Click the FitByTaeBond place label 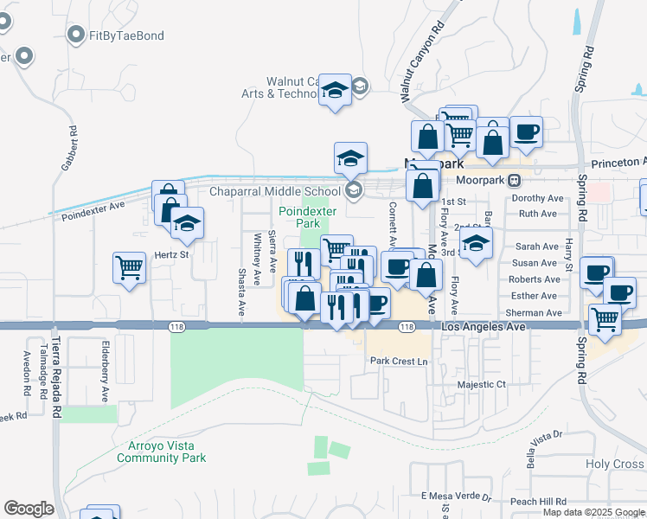[x=126, y=35]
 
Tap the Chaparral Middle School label [x=275, y=192]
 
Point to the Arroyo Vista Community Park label [x=162, y=452]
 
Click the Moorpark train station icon [x=514, y=180]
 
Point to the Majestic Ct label [x=481, y=383]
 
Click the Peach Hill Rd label [x=538, y=502]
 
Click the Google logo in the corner [x=29, y=509]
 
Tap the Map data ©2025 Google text [x=593, y=512]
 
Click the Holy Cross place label [x=615, y=465]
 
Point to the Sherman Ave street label [x=535, y=312]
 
